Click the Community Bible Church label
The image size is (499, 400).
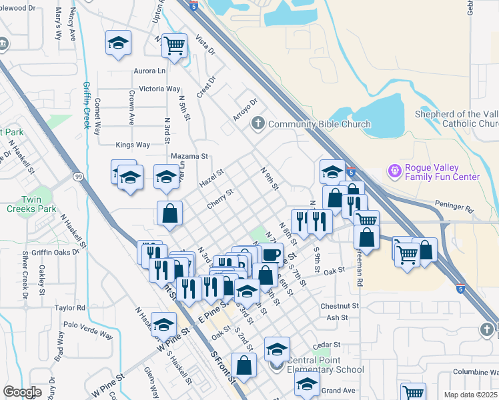319,124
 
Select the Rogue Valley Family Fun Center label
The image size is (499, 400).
442,172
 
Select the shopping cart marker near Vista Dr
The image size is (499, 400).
174,46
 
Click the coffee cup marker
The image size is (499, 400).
271,254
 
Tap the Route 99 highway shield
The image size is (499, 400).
78,177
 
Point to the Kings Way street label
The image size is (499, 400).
133,145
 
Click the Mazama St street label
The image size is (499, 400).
189,156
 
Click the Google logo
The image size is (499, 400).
22,392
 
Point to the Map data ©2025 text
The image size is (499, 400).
470,395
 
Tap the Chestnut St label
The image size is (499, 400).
339,306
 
